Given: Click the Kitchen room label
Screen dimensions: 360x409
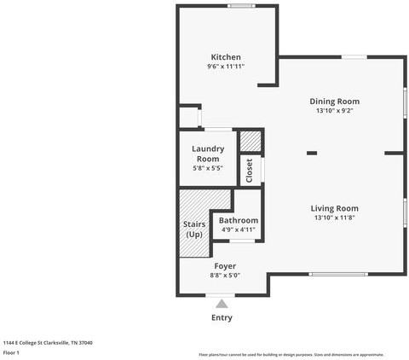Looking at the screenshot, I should [226, 57].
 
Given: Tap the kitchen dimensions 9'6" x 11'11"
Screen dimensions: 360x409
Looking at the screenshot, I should [226, 67].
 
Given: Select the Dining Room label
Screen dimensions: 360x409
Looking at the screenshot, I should [334, 101].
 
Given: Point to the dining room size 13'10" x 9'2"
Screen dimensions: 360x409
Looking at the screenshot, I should [334, 110].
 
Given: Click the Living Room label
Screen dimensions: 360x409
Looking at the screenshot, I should [334, 208].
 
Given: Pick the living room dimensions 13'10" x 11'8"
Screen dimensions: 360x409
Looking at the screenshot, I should [334, 218].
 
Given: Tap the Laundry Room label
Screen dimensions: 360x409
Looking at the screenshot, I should [208, 154].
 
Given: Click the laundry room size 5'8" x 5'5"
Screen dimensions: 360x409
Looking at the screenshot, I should [208, 168].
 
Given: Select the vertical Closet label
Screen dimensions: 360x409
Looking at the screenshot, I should [250, 170].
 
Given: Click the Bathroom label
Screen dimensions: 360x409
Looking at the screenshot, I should [239, 220].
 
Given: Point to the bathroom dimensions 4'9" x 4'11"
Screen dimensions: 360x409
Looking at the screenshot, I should [239, 229].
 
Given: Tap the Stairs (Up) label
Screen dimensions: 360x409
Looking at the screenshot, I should [194, 229].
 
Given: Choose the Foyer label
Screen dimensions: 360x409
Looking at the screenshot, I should [225, 266].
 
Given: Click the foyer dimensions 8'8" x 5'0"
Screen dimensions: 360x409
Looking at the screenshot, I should [225, 276].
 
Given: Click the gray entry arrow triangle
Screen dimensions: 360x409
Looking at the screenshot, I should [222, 303].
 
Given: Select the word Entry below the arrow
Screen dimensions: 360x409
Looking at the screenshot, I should [222, 317].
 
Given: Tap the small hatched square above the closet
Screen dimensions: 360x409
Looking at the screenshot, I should [250, 141].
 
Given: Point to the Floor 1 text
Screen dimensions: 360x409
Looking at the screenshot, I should [12, 352].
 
